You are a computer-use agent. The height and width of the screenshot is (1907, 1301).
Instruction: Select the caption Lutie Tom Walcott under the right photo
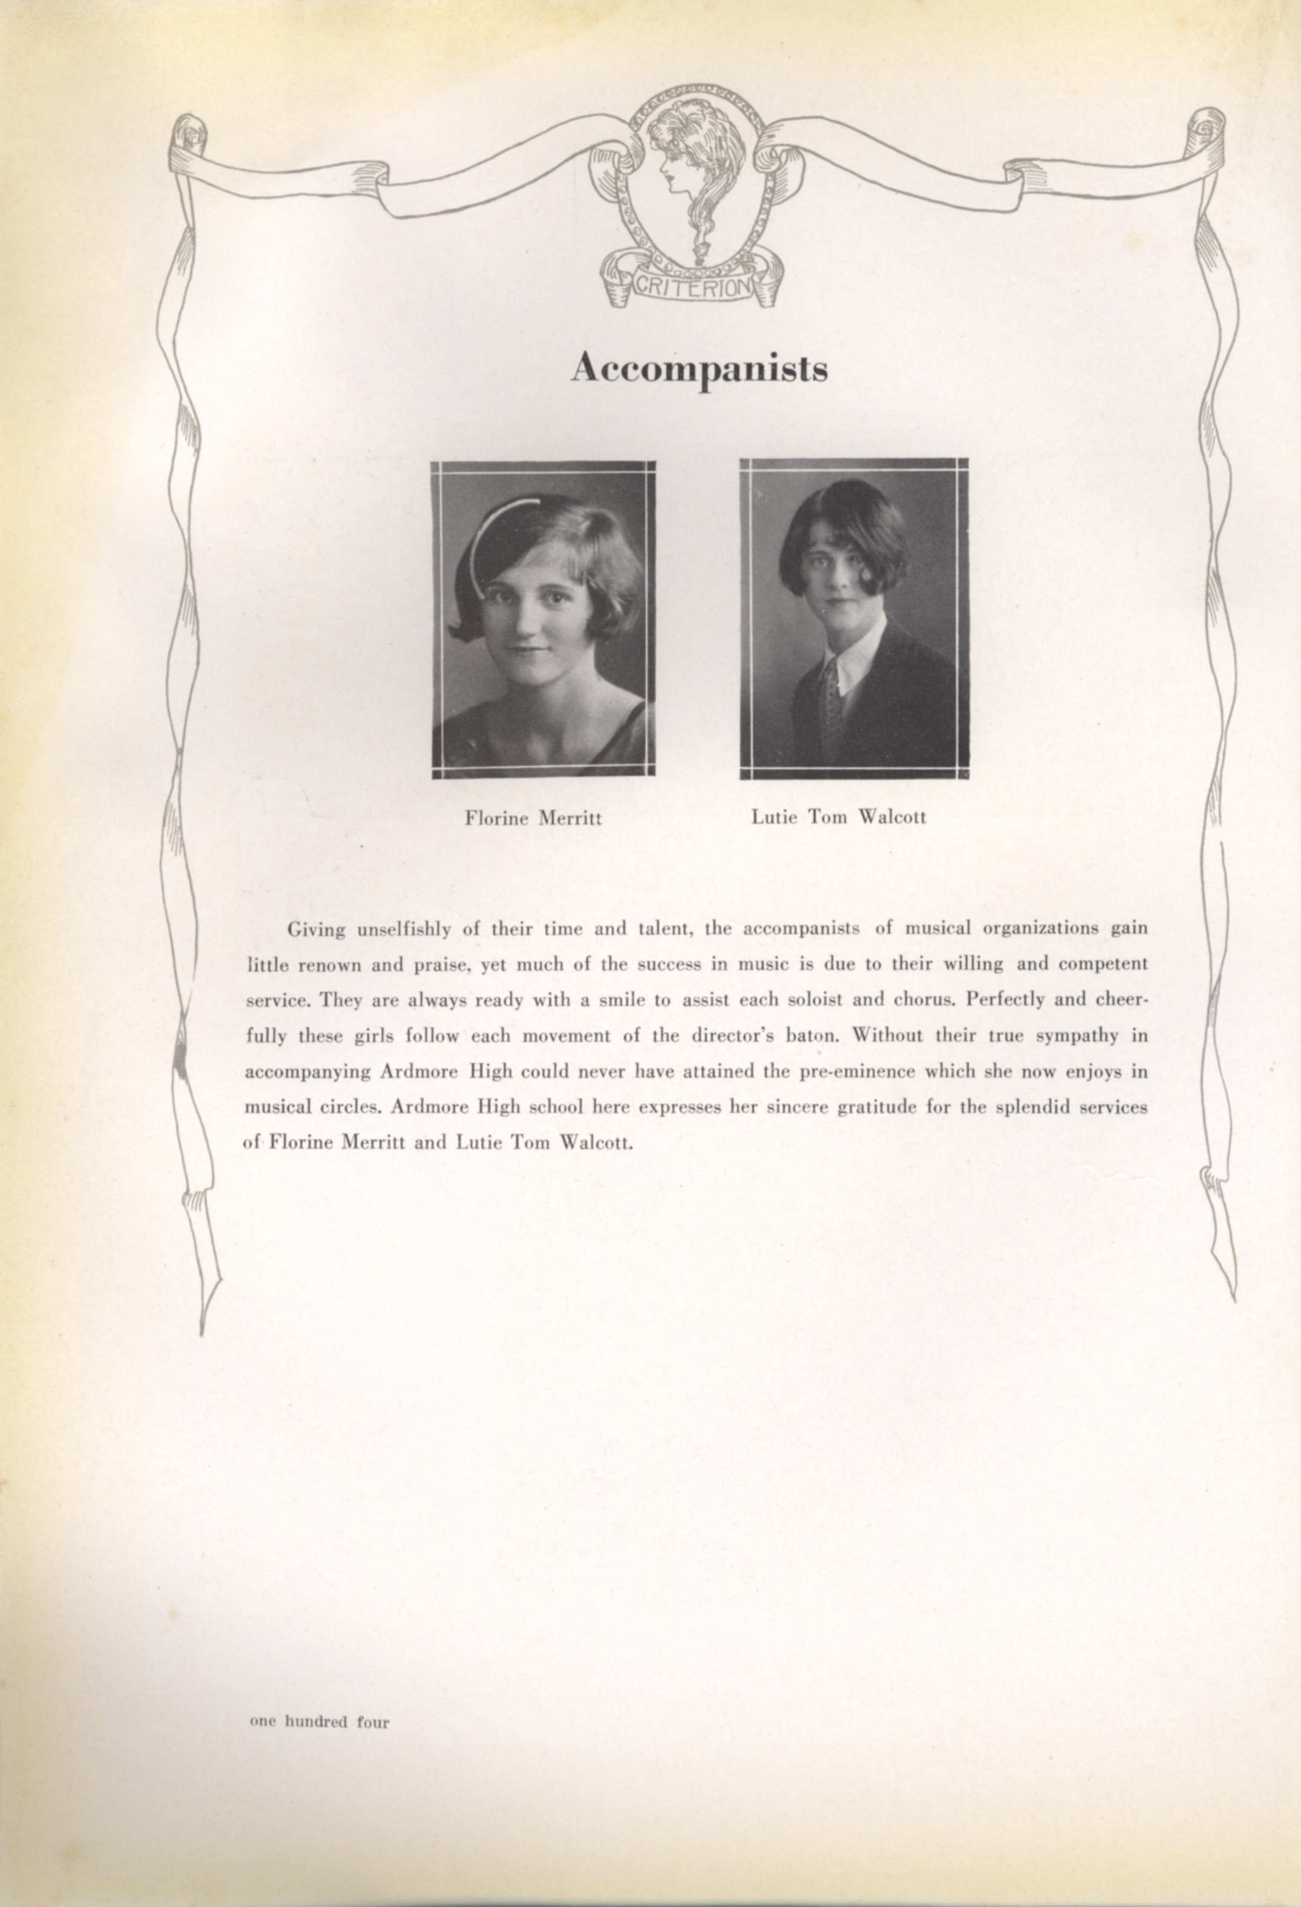click(838, 817)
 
